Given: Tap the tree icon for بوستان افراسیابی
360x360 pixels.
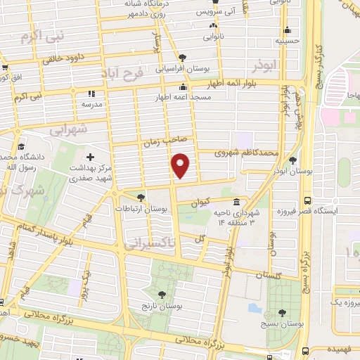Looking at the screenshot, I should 183,58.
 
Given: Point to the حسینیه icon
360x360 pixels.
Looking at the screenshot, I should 287,30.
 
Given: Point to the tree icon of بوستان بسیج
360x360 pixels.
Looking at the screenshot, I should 282,312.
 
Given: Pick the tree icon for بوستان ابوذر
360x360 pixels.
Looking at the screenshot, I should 302,160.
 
